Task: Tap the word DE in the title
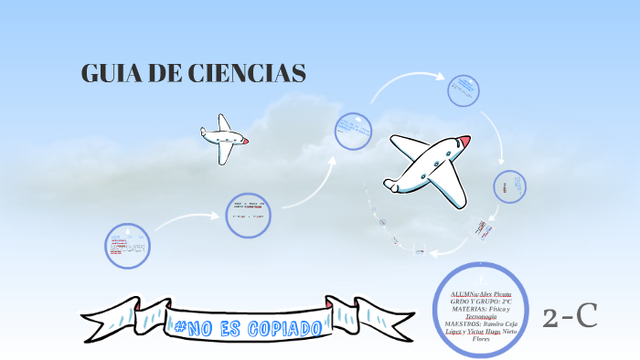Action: click(165, 75)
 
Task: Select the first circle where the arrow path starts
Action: click(127, 246)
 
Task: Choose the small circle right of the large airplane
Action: click(509, 186)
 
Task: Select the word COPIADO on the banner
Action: click(283, 326)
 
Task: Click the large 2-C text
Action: click(571, 316)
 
